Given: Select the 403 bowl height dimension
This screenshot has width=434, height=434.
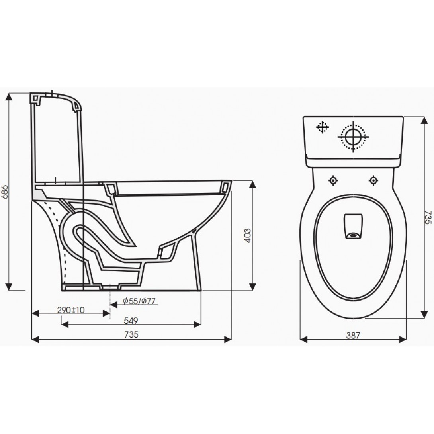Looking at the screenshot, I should (x=247, y=236).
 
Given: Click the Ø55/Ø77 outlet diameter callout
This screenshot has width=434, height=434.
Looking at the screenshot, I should (x=139, y=301).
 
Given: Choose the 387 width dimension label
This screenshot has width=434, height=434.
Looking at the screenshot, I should (x=353, y=335).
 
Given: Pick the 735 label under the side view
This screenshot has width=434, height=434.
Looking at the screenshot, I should (x=132, y=335).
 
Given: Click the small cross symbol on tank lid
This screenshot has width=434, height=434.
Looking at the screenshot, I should (x=322, y=127).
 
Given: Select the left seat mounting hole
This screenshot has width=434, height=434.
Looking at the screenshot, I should (x=333, y=181).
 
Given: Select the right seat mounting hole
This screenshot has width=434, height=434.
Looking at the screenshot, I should (x=373, y=181).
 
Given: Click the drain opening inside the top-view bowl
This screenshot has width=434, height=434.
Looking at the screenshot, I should (x=353, y=235).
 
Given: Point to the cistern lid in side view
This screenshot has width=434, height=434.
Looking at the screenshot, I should (x=56, y=98).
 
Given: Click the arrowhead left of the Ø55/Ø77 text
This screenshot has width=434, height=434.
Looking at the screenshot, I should (x=113, y=305).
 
